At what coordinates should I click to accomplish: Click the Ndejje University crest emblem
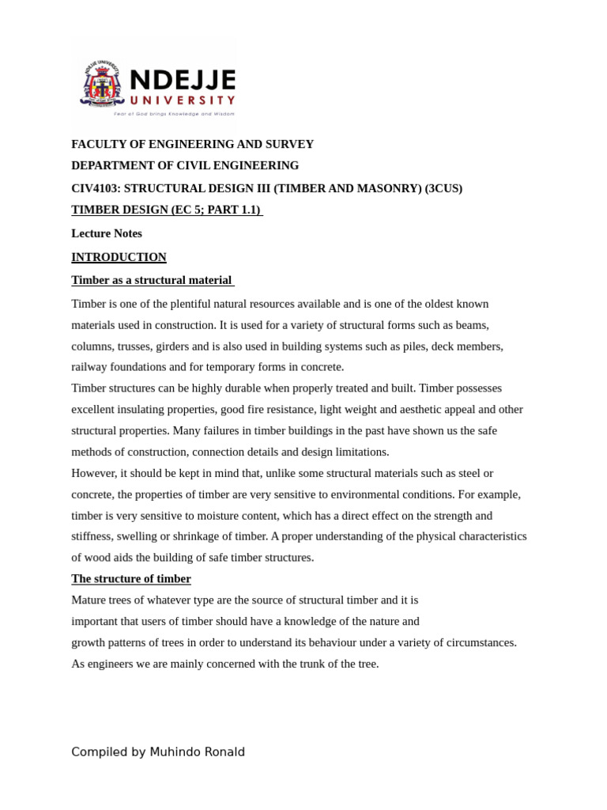[102, 85]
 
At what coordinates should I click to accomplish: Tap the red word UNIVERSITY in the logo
[182, 100]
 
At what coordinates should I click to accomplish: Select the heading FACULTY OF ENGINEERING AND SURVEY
[192, 144]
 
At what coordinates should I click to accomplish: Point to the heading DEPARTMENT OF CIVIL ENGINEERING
[185, 165]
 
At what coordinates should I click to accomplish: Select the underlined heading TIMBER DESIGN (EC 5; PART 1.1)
[166, 210]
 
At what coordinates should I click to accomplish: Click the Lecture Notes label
[107, 233]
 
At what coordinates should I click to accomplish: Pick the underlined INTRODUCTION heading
[119, 257]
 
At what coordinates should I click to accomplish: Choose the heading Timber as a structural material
[152, 280]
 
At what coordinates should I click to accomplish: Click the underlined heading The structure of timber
[131, 578]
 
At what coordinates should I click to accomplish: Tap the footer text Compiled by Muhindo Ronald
[158, 751]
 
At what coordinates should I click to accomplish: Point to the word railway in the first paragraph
[89, 367]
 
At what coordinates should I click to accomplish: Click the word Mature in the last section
[89, 600]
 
